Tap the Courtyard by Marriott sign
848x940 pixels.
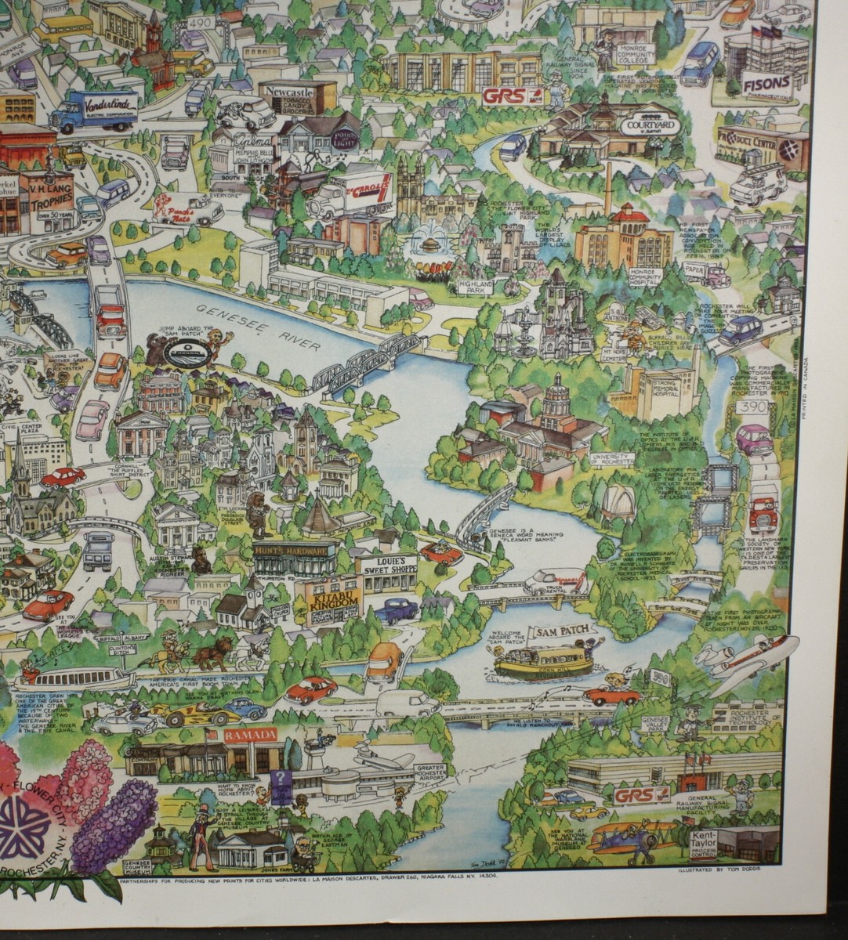pyautogui.click(x=650, y=125)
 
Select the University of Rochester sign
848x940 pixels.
pyautogui.click(x=611, y=460)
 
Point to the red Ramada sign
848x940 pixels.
pyautogui.click(x=250, y=735)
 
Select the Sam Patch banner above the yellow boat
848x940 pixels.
pyautogui.click(x=560, y=631)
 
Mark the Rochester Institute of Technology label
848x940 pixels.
pyautogui.click(x=756, y=713)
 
